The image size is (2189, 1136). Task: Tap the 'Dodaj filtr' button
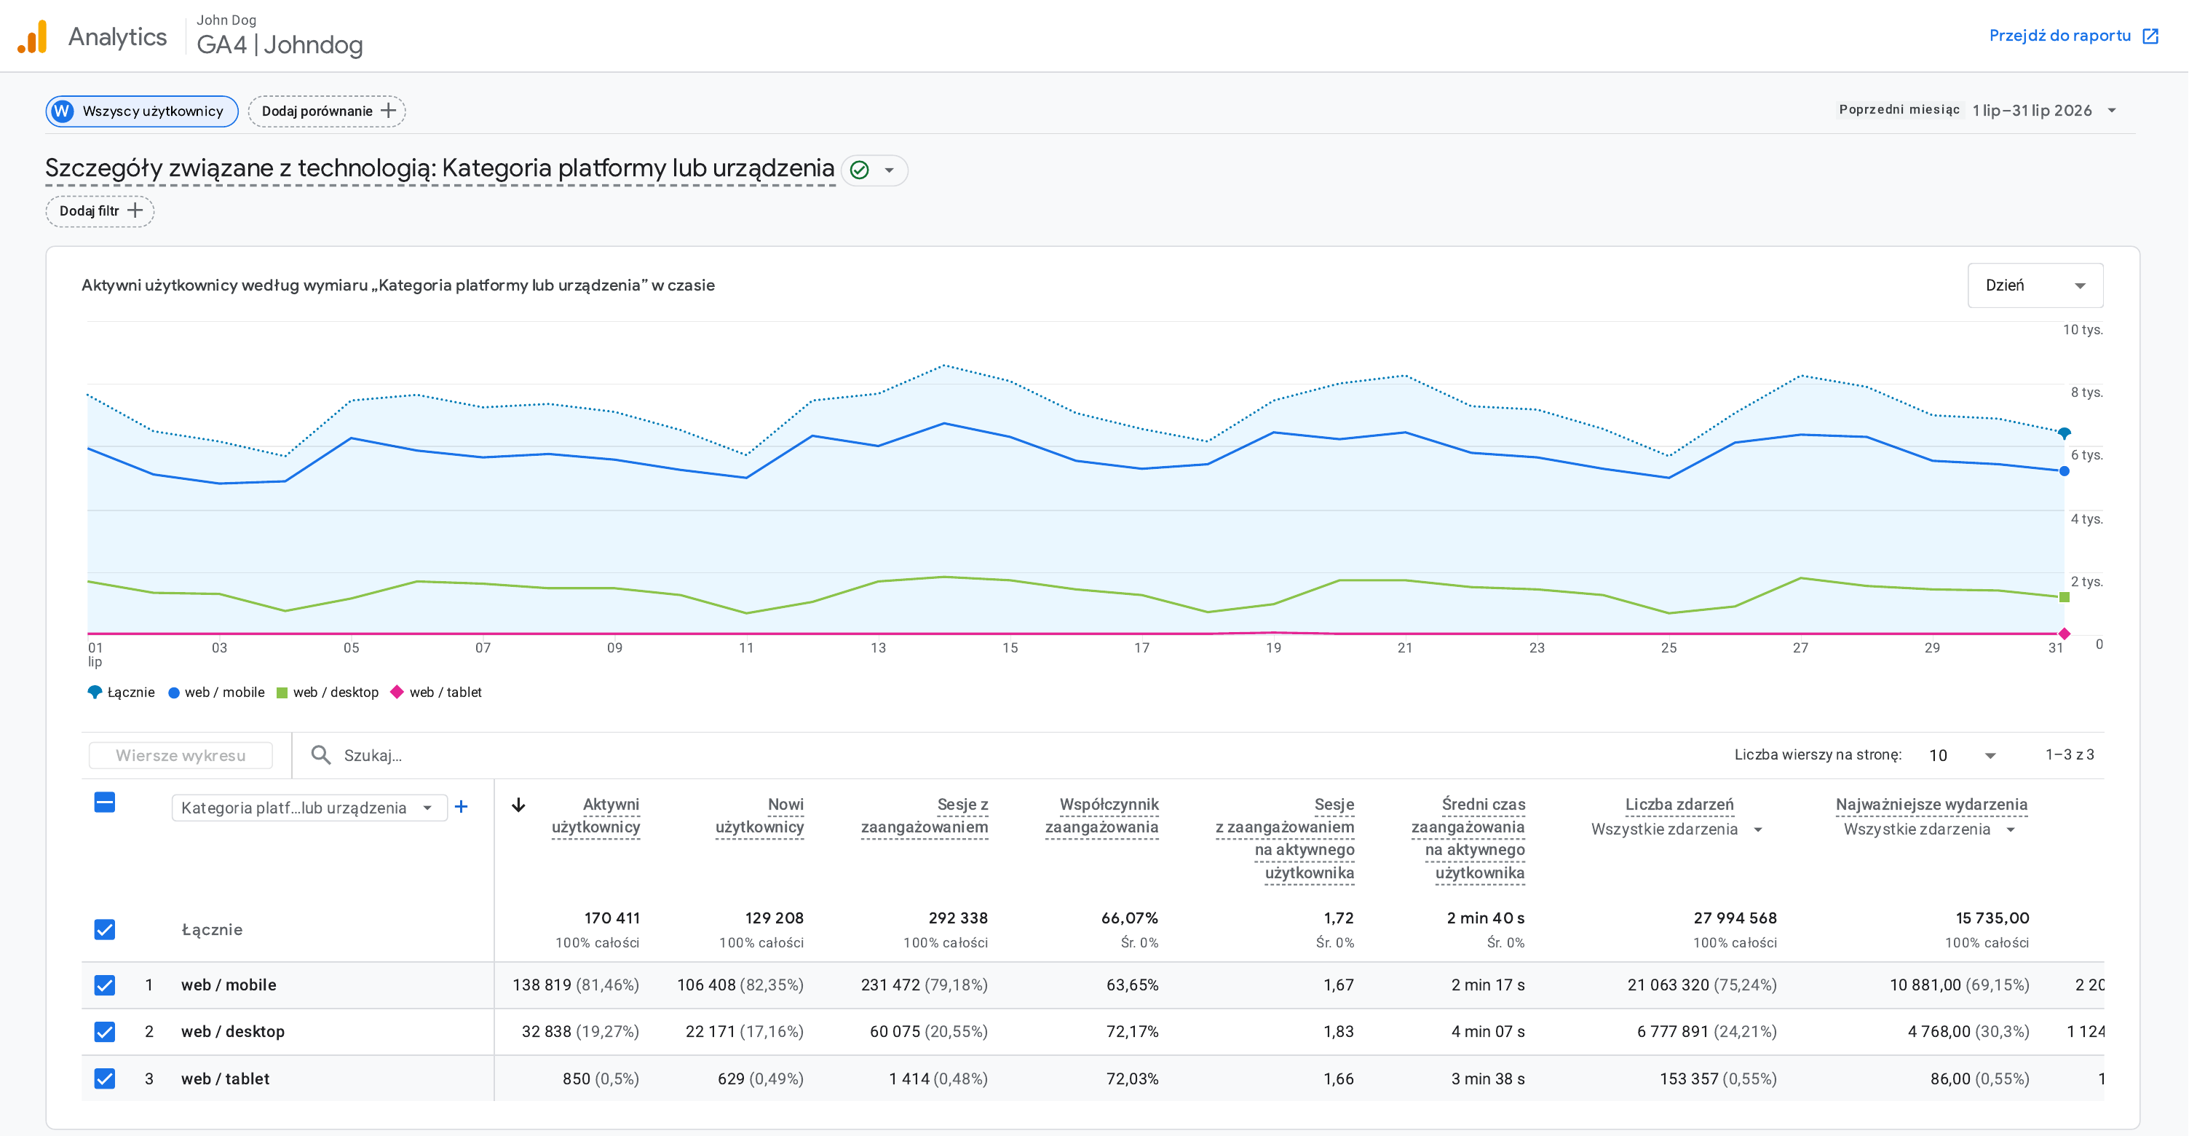(100, 211)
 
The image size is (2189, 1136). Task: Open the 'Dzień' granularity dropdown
(2035, 285)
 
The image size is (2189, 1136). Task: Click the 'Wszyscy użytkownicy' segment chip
(142, 111)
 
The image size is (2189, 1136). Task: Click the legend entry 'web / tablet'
(436, 692)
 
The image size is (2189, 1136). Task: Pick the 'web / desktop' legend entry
(328, 692)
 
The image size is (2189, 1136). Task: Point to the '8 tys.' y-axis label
(2086, 392)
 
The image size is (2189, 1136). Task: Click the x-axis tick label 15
(1010, 647)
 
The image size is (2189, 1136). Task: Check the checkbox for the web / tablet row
(105, 1078)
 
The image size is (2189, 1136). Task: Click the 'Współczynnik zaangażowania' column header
(1101, 816)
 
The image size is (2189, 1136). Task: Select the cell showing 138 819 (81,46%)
(575, 985)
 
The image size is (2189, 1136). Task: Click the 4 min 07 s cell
(1487, 1031)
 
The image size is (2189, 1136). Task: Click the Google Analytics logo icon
(32, 36)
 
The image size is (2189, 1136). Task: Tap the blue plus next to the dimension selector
(461, 806)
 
